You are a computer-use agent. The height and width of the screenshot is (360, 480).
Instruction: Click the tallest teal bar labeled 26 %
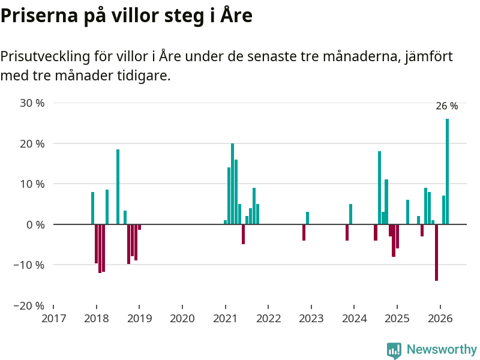coord(447,171)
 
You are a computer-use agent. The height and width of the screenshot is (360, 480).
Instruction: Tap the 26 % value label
coord(446,106)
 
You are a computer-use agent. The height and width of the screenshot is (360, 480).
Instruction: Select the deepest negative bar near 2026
coord(436,252)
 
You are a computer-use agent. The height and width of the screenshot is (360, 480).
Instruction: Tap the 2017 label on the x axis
coord(53,319)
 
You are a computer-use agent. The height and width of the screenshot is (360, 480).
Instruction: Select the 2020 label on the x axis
coord(182,319)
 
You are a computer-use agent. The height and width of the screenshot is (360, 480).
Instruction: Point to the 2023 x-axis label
coord(311,319)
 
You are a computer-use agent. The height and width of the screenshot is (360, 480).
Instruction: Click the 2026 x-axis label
coord(440,319)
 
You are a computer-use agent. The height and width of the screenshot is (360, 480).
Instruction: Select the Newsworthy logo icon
coord(394,350)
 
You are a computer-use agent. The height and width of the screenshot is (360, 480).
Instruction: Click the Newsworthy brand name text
coord(442,350)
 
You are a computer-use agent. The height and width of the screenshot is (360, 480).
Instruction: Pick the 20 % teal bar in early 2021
coord(232,184)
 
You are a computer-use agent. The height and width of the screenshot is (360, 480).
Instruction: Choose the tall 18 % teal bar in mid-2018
coord(118,187)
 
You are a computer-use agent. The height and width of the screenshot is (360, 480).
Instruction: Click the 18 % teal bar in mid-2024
coord(379,188)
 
